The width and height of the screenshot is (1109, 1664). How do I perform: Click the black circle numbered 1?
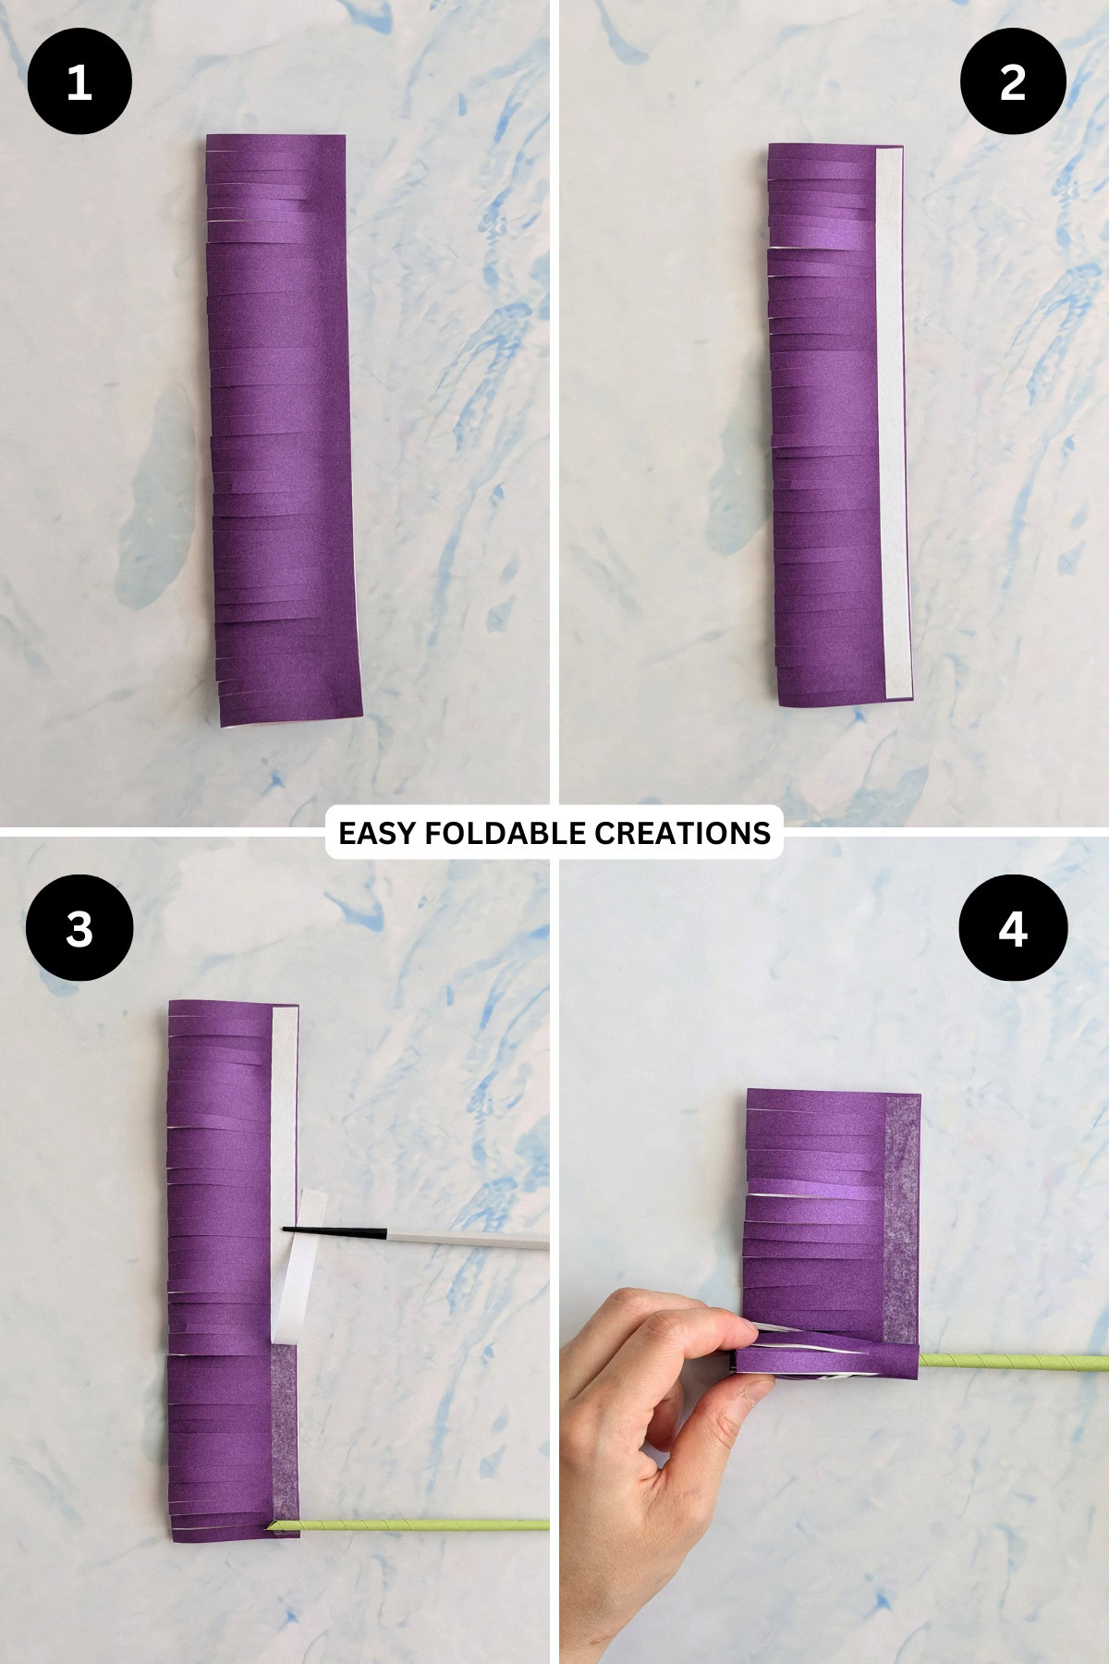click(79, 82)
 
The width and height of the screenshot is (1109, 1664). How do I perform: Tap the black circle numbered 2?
click(1013, 82)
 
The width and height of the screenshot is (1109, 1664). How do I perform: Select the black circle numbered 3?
click(79, 927)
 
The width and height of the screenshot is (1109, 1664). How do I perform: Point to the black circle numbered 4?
click(1013, 927)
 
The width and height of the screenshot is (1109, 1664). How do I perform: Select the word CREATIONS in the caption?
click(683, 833)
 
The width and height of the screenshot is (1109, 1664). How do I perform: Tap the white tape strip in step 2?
click(892, 425)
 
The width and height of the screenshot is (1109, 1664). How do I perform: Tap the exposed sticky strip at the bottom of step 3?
click(286, 1433)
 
